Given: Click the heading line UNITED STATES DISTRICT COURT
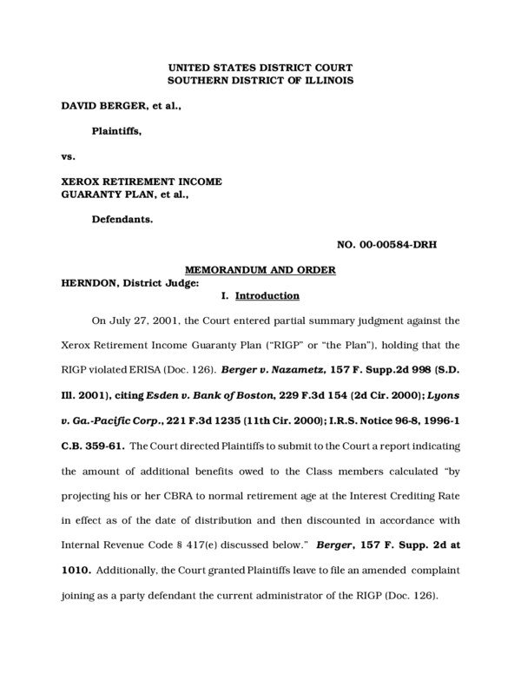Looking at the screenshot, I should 260,67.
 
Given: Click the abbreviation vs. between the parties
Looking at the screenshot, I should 67,156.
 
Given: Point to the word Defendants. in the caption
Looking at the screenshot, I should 122,220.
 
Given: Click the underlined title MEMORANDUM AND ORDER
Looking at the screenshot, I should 260,270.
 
